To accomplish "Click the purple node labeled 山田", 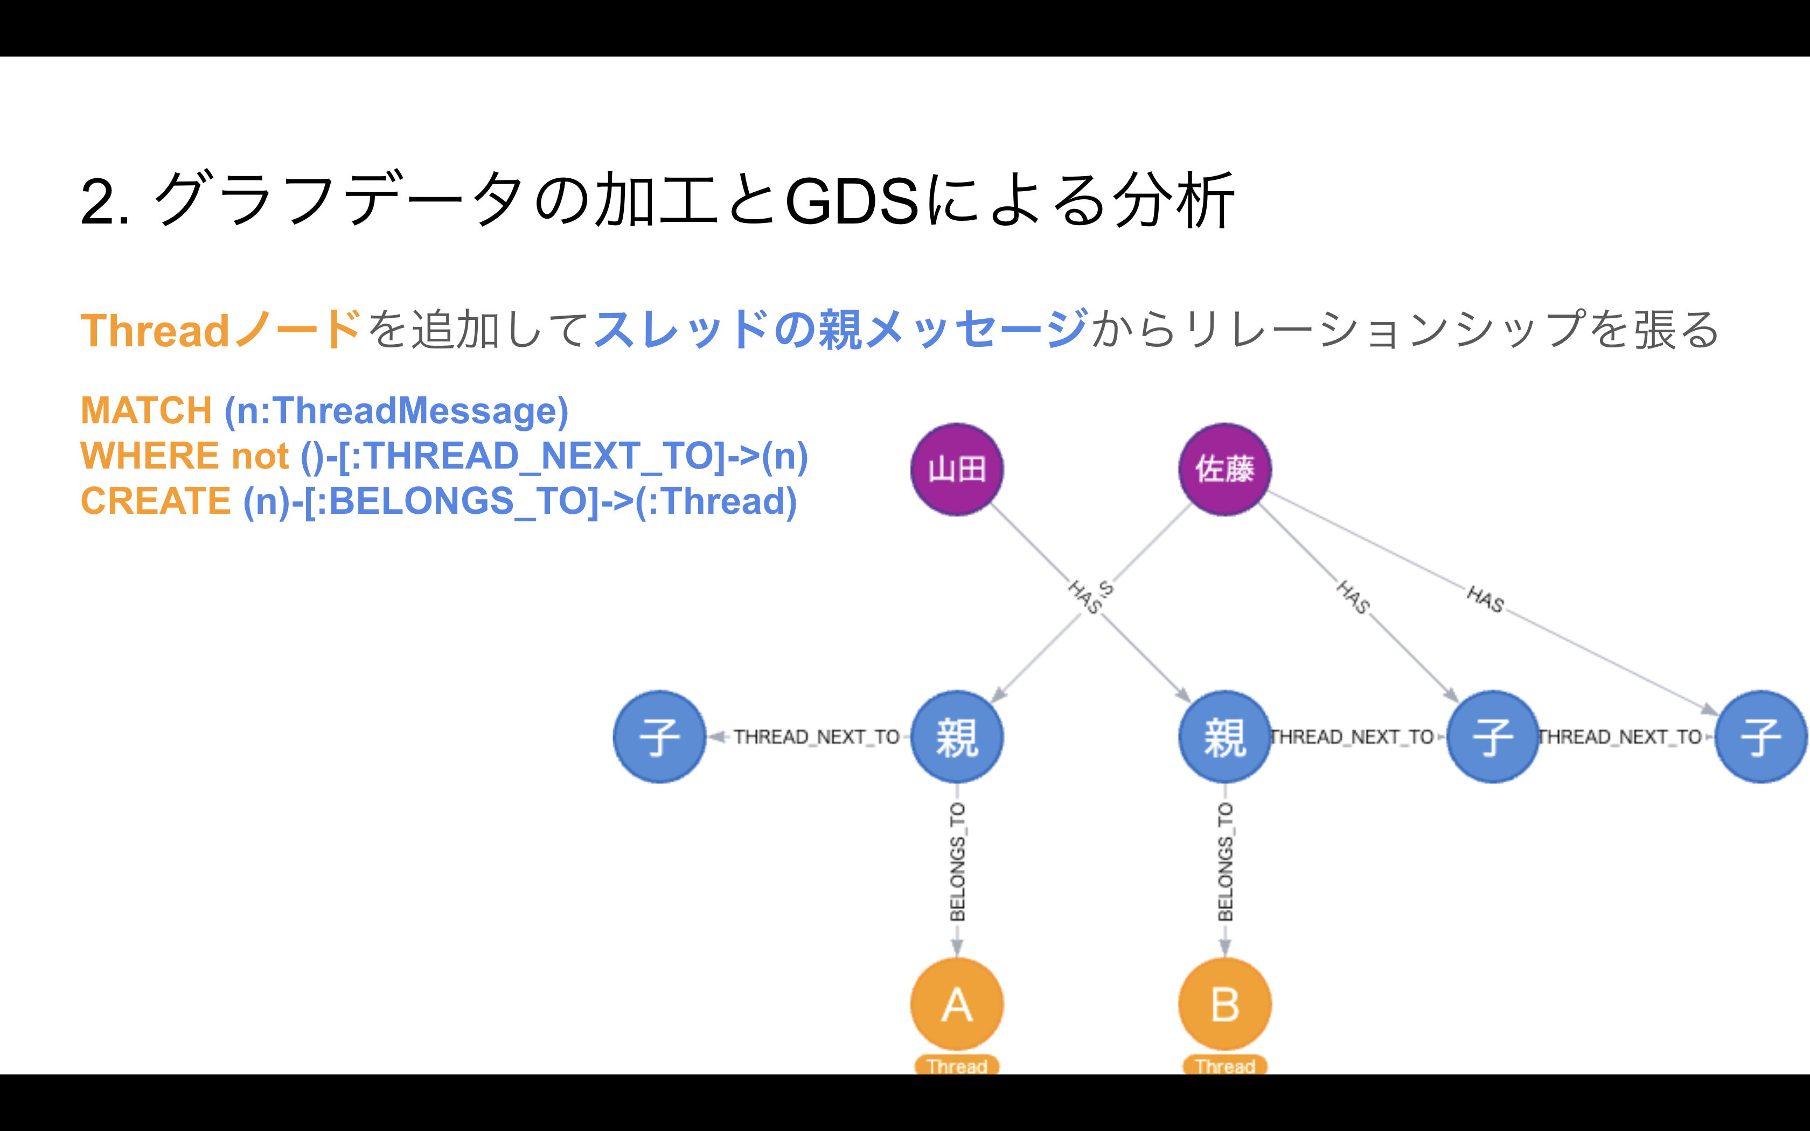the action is tap(957, 469).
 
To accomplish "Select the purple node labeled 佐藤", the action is tap(1224, 469).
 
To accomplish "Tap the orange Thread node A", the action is tap(957, 1004).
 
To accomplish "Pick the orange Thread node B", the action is tap(1224, 1004).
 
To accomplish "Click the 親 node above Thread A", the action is tap(957, 737).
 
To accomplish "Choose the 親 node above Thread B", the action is tap(1224, 737).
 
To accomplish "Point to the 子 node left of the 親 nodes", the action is tap(659, 737).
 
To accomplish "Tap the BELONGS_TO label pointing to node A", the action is tap(957, 862).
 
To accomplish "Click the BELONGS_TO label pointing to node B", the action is tap(1225, 862).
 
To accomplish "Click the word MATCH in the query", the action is tap(147, 410).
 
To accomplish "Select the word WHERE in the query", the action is tap(150, 456).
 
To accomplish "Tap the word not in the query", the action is tap(260, 456).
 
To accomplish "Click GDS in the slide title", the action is tap(852, 200).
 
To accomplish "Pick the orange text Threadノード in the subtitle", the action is tap(221, 330).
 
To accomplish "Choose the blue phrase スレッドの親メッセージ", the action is tap(841, 329).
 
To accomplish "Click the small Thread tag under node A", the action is tap(957, 1065).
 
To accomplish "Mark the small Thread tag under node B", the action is tap(1224, 1065).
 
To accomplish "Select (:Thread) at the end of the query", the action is tap(716, 501).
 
